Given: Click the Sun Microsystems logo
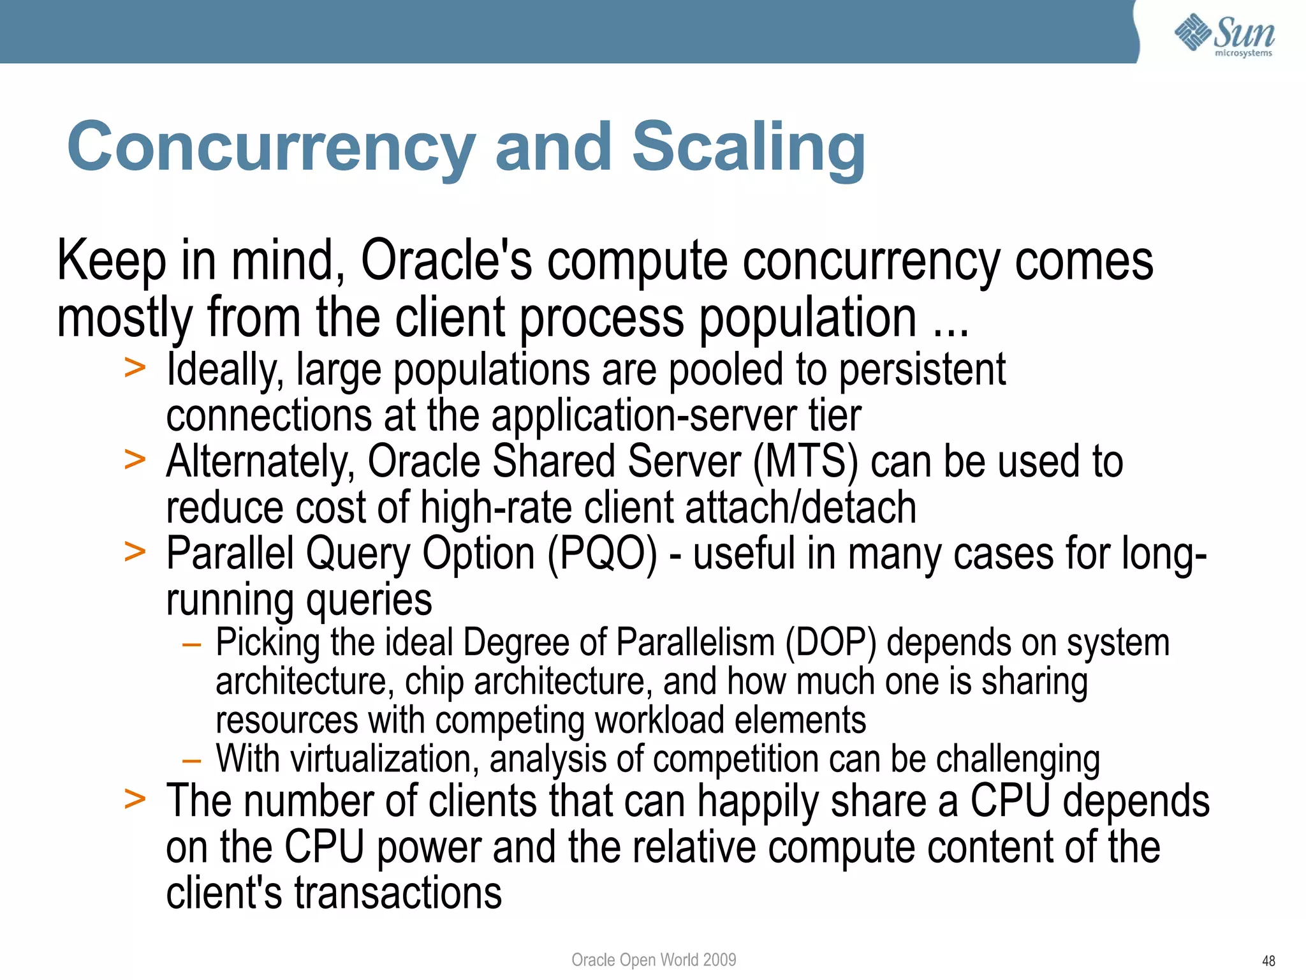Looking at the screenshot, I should pos(1224,34).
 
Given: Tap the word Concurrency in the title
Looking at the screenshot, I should pos(272,148).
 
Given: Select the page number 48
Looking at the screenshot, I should pos(1268,961).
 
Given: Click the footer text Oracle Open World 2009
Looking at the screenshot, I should pos(654,960).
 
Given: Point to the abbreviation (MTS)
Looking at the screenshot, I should pos(806,461).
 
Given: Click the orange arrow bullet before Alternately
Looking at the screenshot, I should pos(135,459).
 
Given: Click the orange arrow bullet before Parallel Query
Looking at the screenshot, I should pos(135,551).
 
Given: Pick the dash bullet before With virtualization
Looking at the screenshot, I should pos(191,761).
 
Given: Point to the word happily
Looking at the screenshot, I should pos(758,802).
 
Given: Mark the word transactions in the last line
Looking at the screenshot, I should pos(398,893).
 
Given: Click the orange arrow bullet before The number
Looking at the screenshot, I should pos(135,799).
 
